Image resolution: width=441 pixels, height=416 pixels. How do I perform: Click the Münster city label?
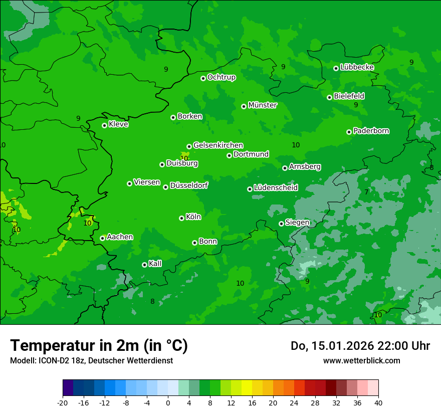[x=263, y=105]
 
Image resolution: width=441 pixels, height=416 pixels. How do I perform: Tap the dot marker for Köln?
[x=181, y=218]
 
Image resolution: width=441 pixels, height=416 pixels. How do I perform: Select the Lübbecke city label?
[x=357, y=67]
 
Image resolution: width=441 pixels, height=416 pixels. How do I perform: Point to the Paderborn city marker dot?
[x=349, y=132]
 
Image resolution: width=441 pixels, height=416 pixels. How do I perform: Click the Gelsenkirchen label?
[x=218, y=145]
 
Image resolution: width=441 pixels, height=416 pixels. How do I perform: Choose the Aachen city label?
[x=120, y=237]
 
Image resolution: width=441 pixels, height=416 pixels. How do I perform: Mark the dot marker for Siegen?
[x=281, y=224]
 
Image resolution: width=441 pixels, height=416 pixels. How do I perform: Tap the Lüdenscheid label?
[x=276, y=188]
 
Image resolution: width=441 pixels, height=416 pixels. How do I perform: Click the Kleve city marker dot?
[x=104, y=125]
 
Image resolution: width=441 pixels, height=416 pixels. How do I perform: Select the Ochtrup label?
[x=221, y=77]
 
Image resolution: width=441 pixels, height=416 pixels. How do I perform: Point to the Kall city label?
[x=155, y=264]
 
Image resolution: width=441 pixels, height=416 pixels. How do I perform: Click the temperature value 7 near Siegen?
[x=366, y=192]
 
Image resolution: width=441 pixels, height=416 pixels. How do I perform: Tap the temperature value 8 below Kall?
[x=152, y=301]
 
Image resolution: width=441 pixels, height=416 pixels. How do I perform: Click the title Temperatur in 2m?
[x=99, y=345]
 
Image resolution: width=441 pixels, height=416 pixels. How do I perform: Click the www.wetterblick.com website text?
[x=361, y=360]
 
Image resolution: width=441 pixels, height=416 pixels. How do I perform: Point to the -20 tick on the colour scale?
[x=63, y=402]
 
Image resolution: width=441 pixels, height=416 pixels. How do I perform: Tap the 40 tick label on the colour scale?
[x=378, y=402]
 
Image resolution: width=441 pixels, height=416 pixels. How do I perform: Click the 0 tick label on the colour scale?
[x=168, y=402]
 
